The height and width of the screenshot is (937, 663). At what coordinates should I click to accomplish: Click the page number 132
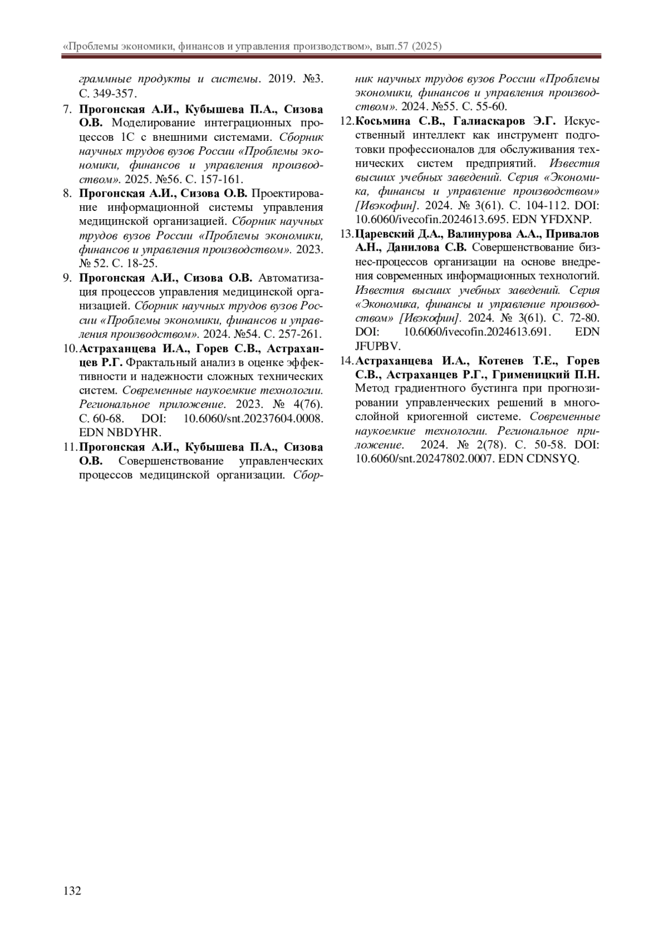pyautogui.click(x=72, y=891)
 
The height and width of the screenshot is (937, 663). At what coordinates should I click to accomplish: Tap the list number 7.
pyautogui.click(x=66, y=109)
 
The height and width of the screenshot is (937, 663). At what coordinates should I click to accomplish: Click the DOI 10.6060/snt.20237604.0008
pyautogui.click(x=253, y=418)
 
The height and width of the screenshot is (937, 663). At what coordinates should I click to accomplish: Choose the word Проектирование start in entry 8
pyautogui.click(x=287, y=193)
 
